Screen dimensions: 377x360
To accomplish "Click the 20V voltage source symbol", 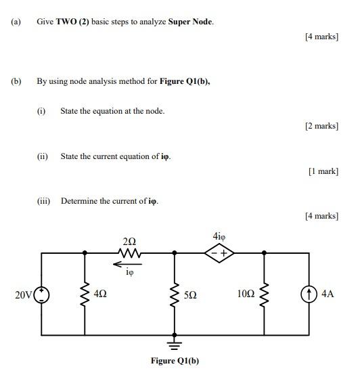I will [x=43, y=294].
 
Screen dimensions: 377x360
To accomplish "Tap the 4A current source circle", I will [x=311, y=294].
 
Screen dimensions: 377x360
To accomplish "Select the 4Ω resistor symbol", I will [x=85, y=294].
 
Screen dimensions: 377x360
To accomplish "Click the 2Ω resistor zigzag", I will [x=130, y=253].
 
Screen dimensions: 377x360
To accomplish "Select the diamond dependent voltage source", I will [x=219, y=253].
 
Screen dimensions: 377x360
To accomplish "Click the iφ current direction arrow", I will [x=130, y=265].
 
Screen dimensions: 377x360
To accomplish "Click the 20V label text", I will [x=23, y=294].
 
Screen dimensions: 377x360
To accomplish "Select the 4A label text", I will [x=328, y=294].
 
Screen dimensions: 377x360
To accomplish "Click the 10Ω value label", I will [x=246, y=294].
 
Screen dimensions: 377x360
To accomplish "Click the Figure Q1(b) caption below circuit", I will [x=175, y=361].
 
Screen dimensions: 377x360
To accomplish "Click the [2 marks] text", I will [x=321, y=126].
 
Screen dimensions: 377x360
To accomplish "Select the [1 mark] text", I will [x=323, y=171].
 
